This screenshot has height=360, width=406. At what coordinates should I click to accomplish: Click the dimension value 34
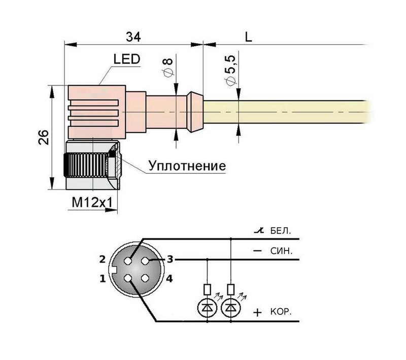(133, 37)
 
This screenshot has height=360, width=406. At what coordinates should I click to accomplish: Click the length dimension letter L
(248, 37)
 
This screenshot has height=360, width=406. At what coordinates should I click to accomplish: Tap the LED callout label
(126, 59)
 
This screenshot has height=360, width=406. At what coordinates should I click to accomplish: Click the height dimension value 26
(44, 138)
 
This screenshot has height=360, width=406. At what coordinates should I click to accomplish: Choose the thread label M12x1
(92, 202)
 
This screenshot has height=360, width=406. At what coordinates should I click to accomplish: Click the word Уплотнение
(186, 166)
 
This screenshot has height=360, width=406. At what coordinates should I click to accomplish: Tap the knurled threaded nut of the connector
(86, 165)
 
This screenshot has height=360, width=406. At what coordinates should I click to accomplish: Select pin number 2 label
(102, 259)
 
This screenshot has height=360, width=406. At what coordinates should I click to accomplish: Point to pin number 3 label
(170, 259)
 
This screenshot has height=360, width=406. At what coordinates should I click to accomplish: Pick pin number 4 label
(170, 278)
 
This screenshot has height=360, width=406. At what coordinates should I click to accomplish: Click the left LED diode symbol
(207, 307)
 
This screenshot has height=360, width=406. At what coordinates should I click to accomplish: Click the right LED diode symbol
(231, 307)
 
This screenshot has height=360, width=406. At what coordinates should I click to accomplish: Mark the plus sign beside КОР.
(258, 312)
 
